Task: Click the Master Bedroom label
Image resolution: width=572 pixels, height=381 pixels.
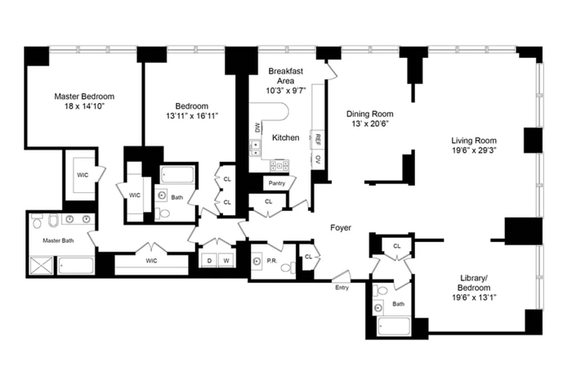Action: coord(84,96)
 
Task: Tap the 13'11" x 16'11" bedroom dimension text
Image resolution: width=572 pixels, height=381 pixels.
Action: coord(192,116)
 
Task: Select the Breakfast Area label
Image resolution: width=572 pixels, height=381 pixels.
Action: coord(286,76)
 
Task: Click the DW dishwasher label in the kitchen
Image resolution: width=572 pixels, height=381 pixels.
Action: coord(257,128)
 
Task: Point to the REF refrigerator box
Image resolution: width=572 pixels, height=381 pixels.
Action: coord(317,139)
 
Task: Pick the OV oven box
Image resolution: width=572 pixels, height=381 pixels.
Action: coord(318,159)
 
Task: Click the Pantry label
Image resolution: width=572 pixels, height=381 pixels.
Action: coord(277,183)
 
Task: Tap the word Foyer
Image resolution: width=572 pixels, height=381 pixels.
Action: coord(341,228)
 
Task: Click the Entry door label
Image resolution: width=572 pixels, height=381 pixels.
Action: coord(342,288)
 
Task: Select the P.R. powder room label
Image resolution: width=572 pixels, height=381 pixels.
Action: coord(272,261)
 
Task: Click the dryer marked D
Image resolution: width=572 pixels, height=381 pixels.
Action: coord(209,261)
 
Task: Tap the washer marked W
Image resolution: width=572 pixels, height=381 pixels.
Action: coord(226,261)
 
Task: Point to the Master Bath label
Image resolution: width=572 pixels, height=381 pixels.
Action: coord(58,240)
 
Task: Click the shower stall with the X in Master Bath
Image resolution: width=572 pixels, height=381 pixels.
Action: coord(41,266)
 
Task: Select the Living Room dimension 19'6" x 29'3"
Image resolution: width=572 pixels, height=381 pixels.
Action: coord(474,150)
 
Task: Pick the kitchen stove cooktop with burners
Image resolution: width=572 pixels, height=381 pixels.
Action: coord(279,166)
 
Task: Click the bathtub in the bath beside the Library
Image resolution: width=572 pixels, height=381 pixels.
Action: coord(394,326)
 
